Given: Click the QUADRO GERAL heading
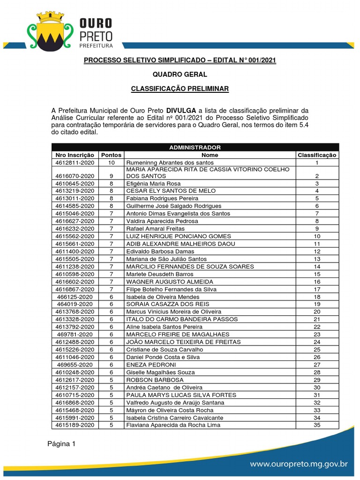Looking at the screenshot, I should pyautogui.click(x=180, y=75).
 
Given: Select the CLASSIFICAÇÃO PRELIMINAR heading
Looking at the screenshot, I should pyautogui.click(x=180, y=89).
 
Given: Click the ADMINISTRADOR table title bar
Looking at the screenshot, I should pyautogui.click(x=194, y=147).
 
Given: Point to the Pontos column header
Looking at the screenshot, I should pyautogui.click(x=111, y=155).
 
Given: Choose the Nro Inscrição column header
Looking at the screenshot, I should pyautogui.click(x=75, y=155).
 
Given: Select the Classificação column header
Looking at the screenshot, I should pyautogui.click(x=317, y=155).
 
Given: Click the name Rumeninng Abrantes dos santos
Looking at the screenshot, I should pyautogui.click(x=170, y=163).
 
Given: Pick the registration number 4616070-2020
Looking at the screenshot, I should pyautogui.click(x=75, y=176).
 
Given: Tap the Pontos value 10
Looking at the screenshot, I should pyautogui.click(x=111, y=163).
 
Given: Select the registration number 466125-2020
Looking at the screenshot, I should pyautogui.click(x=75, y=297).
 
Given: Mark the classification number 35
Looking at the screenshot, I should pyautogui.click(x=317, y=425).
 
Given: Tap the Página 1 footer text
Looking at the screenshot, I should pyautogui.click(x=61, y=444).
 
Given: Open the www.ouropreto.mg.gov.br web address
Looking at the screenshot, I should pyautogui.click(x=299, y=464).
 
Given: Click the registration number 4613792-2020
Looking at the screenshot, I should pyautogui.click(x=75, y=327).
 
